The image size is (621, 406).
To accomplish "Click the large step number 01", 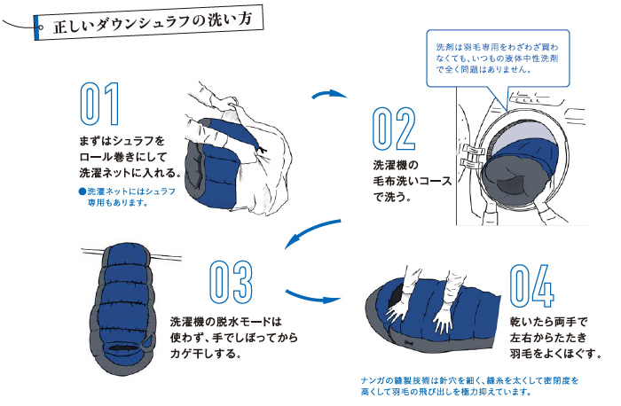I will click(x=99, y=105).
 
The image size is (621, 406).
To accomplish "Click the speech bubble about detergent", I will click(x=494, y=57).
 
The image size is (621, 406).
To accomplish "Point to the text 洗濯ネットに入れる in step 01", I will click(x=130, y=172).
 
